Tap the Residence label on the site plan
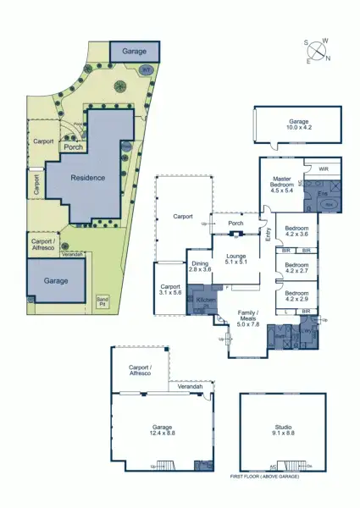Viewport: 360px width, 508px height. (88, 178)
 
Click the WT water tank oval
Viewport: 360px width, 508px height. (146, 70)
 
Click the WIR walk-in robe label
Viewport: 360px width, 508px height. (322, 168)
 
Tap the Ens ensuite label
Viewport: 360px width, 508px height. (322, 193)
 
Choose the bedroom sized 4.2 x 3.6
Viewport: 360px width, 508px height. (296, 232)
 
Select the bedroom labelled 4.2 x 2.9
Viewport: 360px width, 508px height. (296, 295)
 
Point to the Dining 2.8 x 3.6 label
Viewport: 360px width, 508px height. (199, 269)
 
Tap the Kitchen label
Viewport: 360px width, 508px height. (206, 300)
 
